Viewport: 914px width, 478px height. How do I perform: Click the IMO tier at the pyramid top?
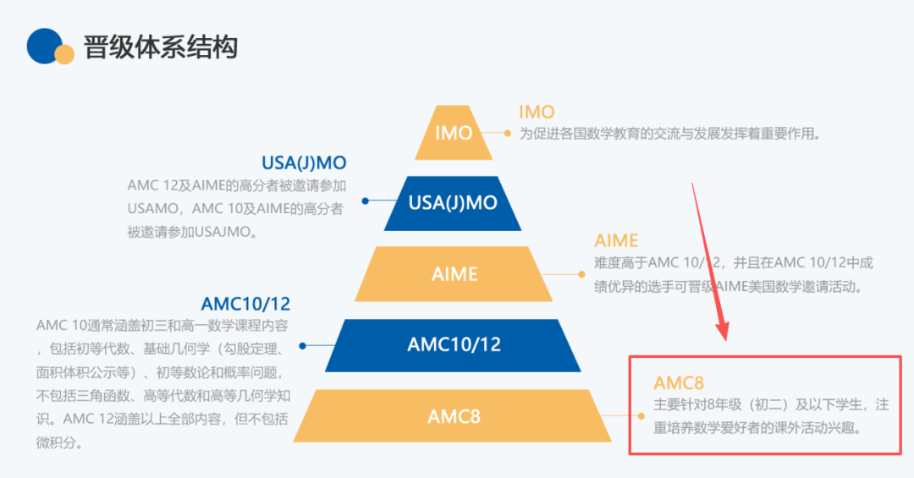[453, 133]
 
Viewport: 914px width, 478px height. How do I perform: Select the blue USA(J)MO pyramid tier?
[453, 203]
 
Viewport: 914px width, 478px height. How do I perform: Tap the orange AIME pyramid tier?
[454, 274]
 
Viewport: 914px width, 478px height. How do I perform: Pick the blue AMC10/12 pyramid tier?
[454, 344]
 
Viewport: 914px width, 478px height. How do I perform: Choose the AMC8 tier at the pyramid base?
[454, 415]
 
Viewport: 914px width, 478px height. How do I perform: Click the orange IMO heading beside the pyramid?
[537, 112]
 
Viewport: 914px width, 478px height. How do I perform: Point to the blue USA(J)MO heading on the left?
[304, 162]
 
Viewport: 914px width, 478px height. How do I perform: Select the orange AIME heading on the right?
[616, 241]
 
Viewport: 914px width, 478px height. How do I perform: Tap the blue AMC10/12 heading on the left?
[245, 304]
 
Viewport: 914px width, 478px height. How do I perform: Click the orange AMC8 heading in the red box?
[679, 383]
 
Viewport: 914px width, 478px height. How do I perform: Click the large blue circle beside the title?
[45, 46]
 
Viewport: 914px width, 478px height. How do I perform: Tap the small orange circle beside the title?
[65, 54]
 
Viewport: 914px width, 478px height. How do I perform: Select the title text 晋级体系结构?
[160, 47]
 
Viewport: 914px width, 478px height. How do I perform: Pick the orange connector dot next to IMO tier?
[507, 133]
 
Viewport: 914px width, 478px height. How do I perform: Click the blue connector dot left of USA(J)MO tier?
[366, 201]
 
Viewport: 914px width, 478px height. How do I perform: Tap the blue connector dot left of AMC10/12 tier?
[302, 345]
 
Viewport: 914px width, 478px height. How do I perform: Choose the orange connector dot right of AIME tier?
[581, 274]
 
